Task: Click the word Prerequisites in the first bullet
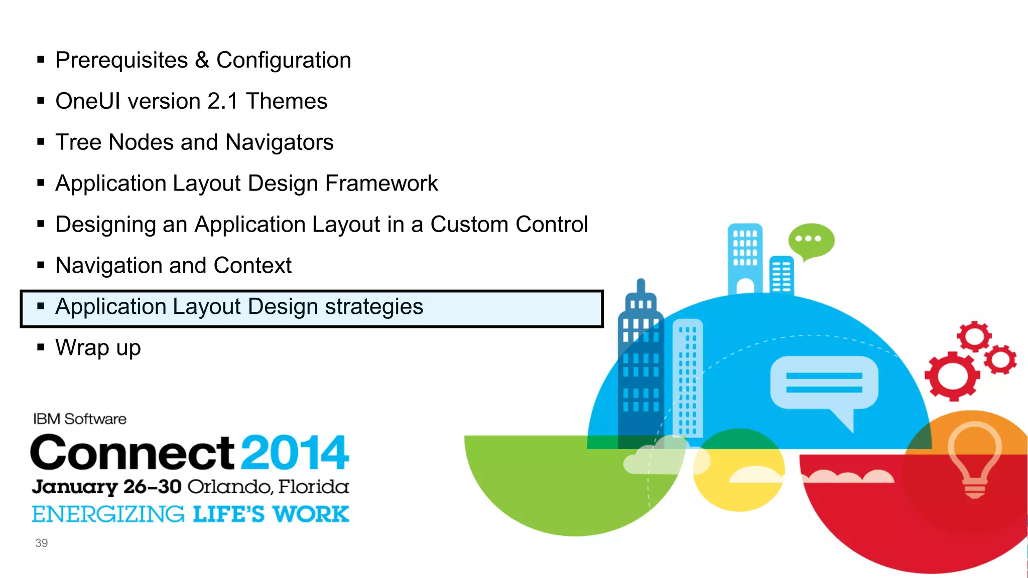pyautogui.click(x=121, y=61)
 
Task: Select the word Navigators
pyautogui.click(x=279, y=143)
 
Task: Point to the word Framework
pyautogui.click(x=381, y=183)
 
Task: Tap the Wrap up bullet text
pyautogui.click(x=98, y=348)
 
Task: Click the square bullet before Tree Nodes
pyautogui.click(x=41, y=142)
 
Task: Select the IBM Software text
pyautogui.click(x=79, y=419)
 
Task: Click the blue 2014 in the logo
pyautogui.click(x=295, y=453)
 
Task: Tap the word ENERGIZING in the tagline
pyautogui.click(x=108, y=515)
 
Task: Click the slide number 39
pyautogui.click(x=41, y=543)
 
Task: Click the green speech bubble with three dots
pyautogui.click(x=811, y=240)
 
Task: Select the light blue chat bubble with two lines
pyautogui.click(x=823, y=383)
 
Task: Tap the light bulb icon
pyautogui.click(x=974, y=459)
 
